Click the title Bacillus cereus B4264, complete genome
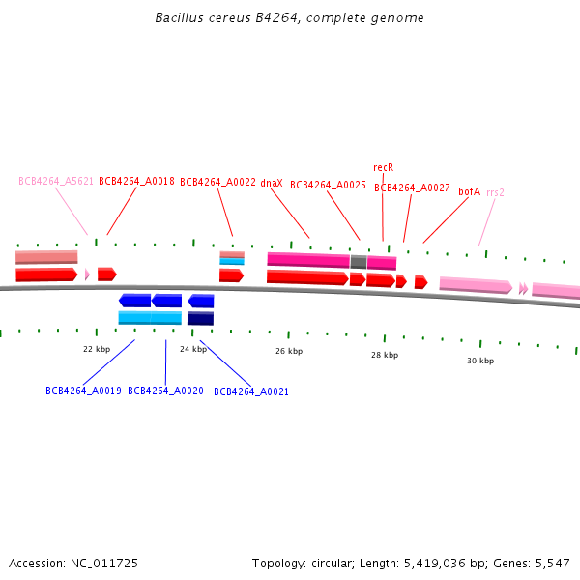(x=289, y=18)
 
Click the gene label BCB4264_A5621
(x=56, y=181)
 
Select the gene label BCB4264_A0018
(x=136, y=181)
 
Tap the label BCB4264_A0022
(x=217, y=182)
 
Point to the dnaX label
(x=272, y=183)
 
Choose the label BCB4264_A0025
(x=328, y=186)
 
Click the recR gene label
(x=383, y=167)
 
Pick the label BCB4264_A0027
(x=412, y=188)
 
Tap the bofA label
(x=469, y=191)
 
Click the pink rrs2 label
(x=495, y=192)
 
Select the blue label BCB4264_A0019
(x=83, y=391)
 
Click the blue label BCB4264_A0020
(x=165, y=391)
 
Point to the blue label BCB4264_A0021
(x=251, y=392)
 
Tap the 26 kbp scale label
(x=289, y=351)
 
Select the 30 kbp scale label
(x=480, y=361)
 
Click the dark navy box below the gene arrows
(x=200, y=318)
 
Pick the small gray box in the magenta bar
(x=359, y=262)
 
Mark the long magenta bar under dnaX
(x=308, y=260)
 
